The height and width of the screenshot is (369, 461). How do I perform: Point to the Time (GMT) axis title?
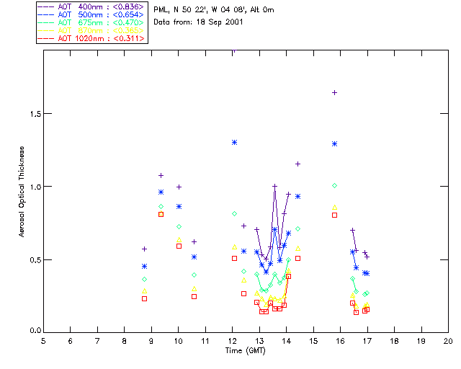246,350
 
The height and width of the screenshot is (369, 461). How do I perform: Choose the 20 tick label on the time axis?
448,341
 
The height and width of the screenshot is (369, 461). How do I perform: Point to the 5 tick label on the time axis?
43,341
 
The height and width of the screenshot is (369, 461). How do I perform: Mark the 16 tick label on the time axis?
340,341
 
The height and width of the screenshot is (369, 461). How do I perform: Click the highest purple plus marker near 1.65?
334,92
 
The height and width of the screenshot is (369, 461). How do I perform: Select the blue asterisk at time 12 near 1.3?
234,142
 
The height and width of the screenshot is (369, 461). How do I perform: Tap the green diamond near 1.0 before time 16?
334,185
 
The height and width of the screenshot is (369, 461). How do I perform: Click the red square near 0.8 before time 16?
334,215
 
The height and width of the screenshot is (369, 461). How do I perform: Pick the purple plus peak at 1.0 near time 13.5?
274,186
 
